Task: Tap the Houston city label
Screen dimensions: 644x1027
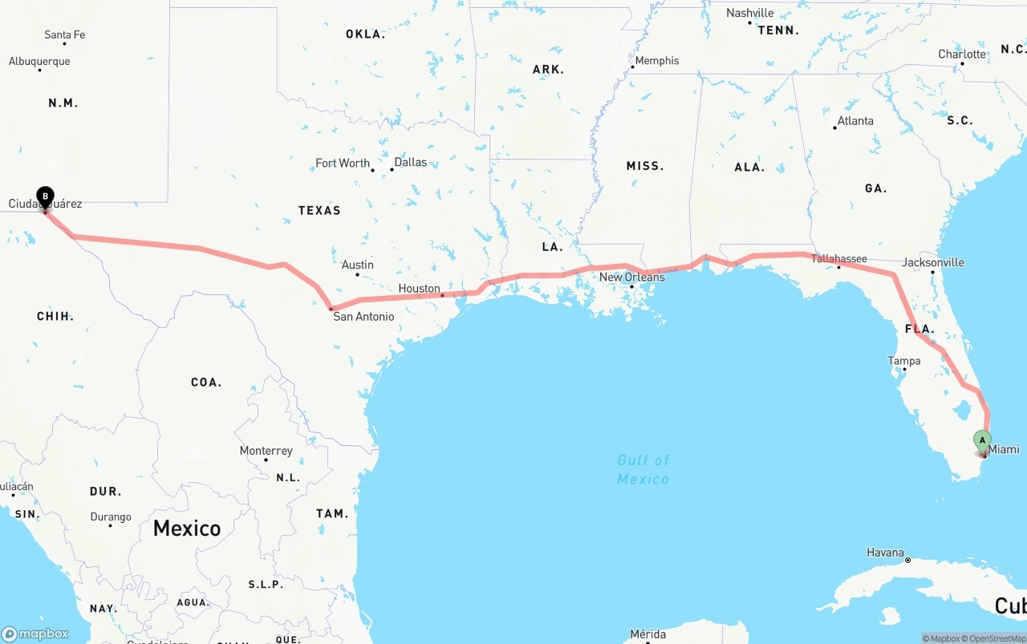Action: tap(419, 289)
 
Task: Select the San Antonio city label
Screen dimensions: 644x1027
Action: tap(363, 317)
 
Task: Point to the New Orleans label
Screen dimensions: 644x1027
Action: tap(632, 277)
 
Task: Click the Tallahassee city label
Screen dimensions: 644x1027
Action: tap(838, 258)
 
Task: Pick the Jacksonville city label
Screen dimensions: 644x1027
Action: tap(932, 262)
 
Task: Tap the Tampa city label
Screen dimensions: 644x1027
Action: tap(903, 361)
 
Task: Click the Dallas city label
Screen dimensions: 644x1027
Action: tap(411, 162)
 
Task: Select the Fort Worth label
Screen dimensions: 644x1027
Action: tap(343, 163)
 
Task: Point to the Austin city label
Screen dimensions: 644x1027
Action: tap(357, 265)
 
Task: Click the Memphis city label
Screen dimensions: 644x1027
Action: tap(656, 61)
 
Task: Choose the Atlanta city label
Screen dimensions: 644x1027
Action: tap(855, 121)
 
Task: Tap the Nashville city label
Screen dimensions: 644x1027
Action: tap(749, 13)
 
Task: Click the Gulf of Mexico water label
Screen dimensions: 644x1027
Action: tap(643, 469)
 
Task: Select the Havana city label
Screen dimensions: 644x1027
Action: tap(885, 553)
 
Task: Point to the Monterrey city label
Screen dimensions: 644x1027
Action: tap(266, 451)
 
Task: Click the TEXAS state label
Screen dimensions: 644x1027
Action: tap(319, 210)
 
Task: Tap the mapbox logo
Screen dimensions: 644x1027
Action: tap(35, 634)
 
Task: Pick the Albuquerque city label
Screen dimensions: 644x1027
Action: tap(39, 62)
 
